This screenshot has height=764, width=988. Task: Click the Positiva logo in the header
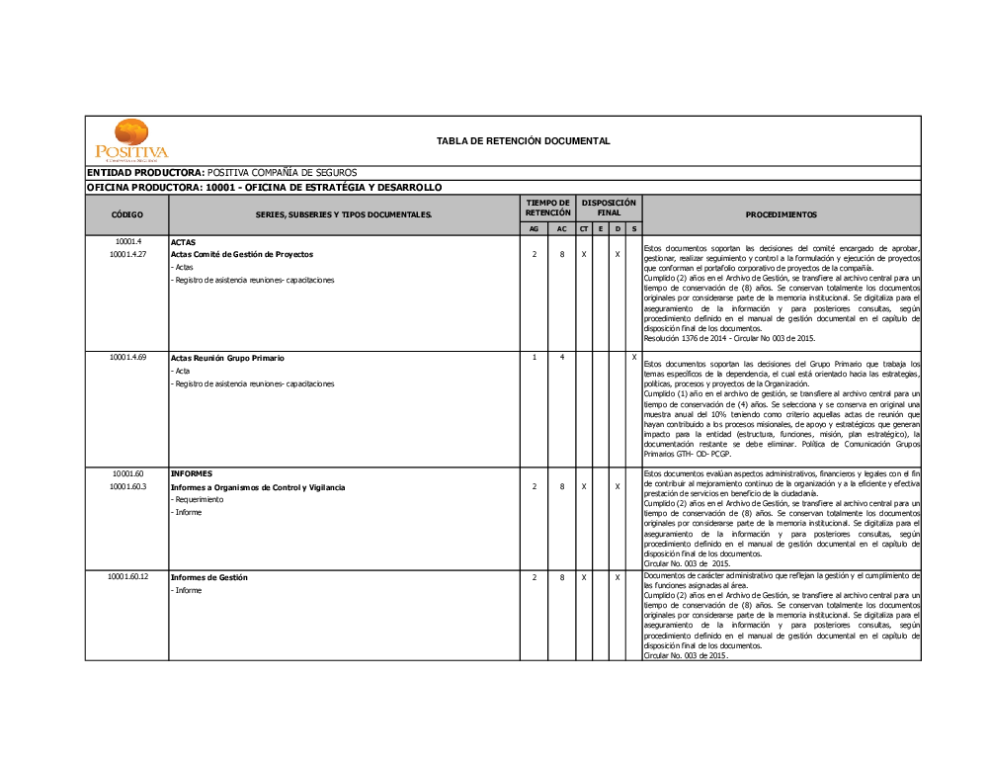click(x=131, y=140)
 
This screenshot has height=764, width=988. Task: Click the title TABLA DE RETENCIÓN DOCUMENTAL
click(x=523, y=141)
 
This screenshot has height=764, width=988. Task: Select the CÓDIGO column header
click(x=126, y=214)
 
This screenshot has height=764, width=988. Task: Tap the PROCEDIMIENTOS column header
click(x=781, y=214)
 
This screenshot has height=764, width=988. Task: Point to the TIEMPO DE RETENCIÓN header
click(x=547, y=208)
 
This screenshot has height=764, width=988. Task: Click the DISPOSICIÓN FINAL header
click(x=609, y=208)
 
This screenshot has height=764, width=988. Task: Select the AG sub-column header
click(x=534, y=229)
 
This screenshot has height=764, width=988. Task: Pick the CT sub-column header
click(x=584, y=229)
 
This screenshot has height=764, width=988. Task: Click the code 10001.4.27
click(x=127, y=254)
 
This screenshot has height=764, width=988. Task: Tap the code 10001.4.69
click(x=127, y=357)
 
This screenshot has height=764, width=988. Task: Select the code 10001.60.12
click(x=128, y=576)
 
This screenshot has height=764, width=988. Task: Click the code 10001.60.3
click(x=127, y=486)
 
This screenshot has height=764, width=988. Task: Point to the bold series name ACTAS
click(x=183, y=242)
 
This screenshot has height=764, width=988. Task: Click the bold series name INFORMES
click(x=191, y=473)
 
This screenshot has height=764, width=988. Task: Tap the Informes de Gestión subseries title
click(x=208, y=577)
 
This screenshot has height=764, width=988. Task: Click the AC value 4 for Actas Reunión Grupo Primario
click(x=561, y=357)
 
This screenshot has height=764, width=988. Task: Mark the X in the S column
click(x=633, y=357)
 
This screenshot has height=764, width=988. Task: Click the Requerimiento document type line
click(x=199, y=499)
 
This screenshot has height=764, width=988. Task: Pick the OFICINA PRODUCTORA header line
click(x=264, y=187)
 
